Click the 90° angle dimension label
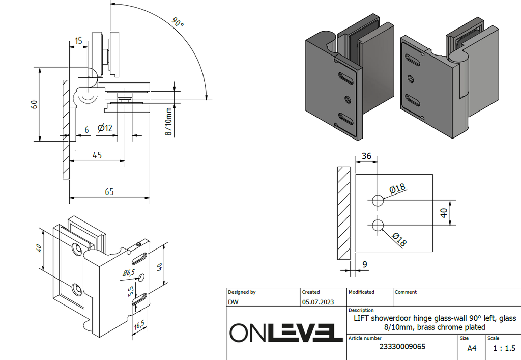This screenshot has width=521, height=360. tap(177, 22)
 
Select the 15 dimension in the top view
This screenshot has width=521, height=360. tap(78, 40)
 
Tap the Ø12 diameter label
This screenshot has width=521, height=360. tap(104, 129)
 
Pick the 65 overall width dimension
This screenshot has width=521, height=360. tap(109, 191)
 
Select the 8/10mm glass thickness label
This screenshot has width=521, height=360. tap(168, 121)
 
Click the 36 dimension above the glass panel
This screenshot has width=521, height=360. tap(366, 156)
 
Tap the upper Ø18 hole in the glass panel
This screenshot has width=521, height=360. tap(377, 200)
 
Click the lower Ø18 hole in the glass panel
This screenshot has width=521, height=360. tap(377, 225)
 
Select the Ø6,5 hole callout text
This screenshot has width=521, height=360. tap(128, 273)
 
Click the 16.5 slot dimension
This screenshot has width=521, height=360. tap(139, 324)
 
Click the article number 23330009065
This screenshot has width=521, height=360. tap(402, 347)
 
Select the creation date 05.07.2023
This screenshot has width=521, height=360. tap(317, 302)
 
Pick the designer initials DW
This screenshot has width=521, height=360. tap(233, 302)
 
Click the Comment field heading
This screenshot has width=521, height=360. tap(406, 292)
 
